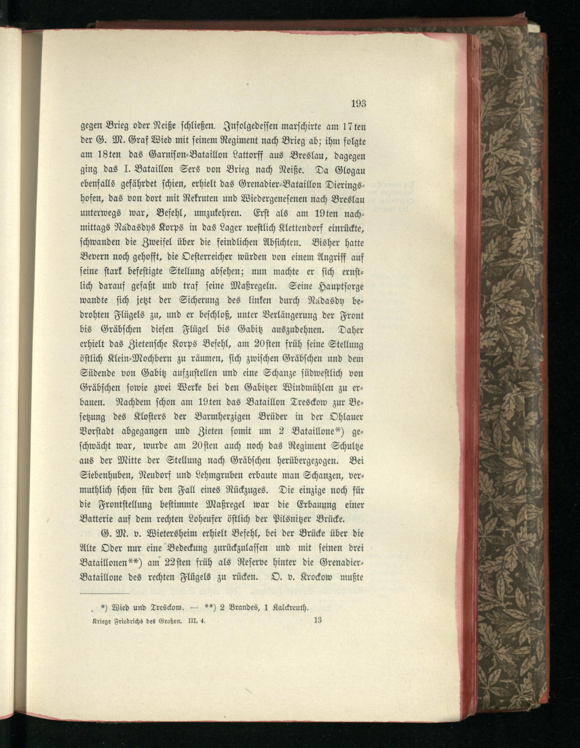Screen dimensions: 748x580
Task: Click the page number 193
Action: (358, 103)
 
